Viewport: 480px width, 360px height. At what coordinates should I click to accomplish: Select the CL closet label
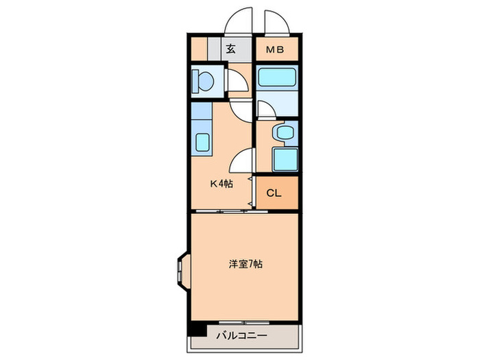point(274,193)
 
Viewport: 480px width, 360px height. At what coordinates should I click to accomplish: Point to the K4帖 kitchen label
point(221,183)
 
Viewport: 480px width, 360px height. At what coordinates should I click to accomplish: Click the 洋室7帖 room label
point(245,263)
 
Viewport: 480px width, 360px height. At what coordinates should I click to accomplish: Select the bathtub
point(276,75)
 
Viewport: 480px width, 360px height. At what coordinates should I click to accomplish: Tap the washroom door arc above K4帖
point(241,162)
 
